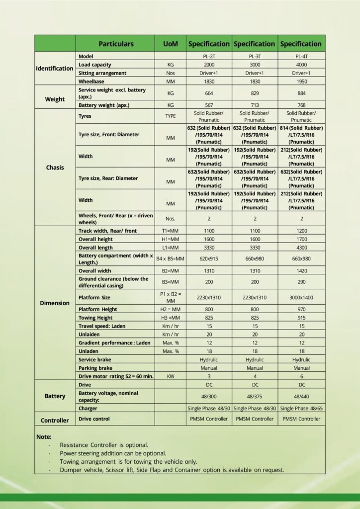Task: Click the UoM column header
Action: [x=171, y=44]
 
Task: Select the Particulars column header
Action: [x=116, y=44]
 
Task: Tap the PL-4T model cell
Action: [x=301, y=57]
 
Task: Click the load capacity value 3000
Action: [x=255, y=65]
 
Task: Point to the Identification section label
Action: [x=55, y=68]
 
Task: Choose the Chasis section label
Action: [x=55, y=168]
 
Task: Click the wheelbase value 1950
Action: [x=301, y=81]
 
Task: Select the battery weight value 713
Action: [x=255, y=105]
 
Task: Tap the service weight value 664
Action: [x=209, y=93]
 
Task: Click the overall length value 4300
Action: [x=301, y=247]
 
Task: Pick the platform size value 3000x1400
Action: [x=301, y=297]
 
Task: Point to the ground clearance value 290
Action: [x=301, y=282]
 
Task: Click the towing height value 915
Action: [x=301, y=318]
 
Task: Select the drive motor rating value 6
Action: [x=301, y=376]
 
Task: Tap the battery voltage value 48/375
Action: [x=255, y=396]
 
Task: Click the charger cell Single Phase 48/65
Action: [x=301, y=409]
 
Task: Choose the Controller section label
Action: [x=55, y=421]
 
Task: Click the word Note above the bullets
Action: [x=44, y=436]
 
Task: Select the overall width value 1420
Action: [x=301, y=271]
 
